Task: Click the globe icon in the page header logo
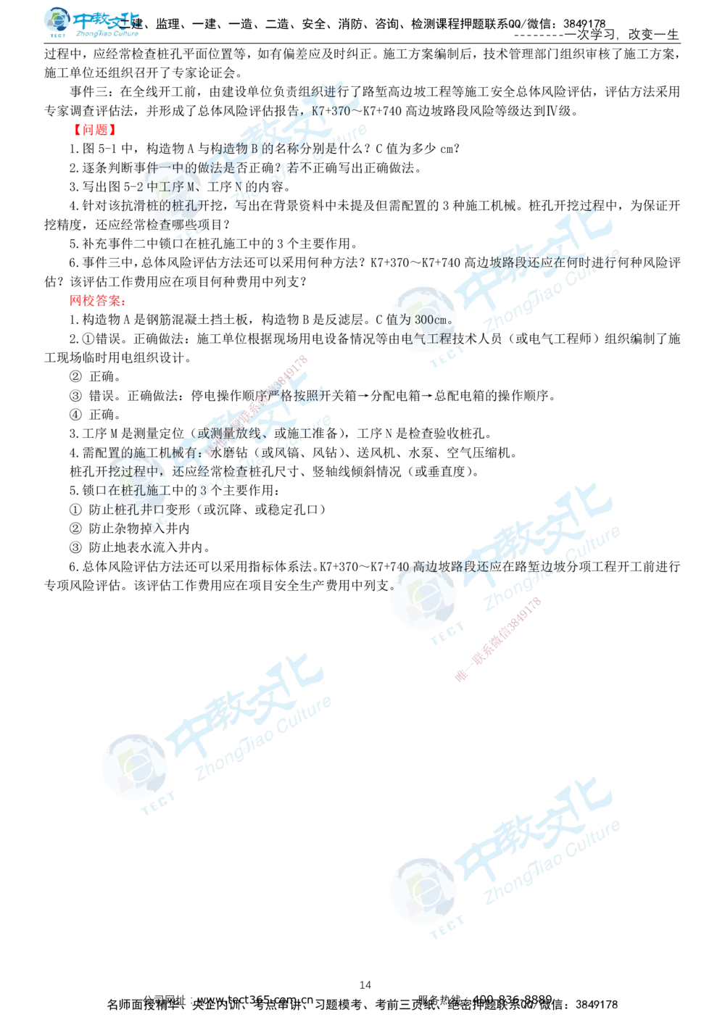[55, 21]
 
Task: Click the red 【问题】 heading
[94, 130]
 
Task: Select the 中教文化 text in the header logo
[106, 19]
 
